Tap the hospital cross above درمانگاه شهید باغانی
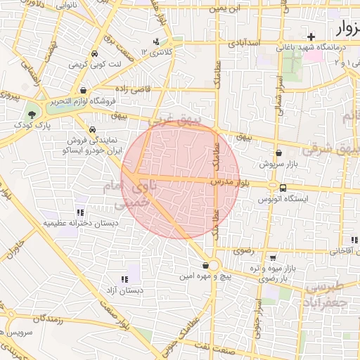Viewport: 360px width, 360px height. pos(311,36)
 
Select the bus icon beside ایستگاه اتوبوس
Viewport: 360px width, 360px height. pos(283,188)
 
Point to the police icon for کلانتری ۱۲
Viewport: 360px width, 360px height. pos(156,41)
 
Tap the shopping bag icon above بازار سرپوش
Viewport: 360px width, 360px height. pos(278,152)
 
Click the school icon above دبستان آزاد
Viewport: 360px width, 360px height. pos(124,279)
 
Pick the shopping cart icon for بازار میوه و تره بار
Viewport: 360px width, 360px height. pos(273,258)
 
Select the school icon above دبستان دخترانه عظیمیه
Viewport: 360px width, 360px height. pos(79,212)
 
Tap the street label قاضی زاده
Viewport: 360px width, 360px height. pos(136,90)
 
